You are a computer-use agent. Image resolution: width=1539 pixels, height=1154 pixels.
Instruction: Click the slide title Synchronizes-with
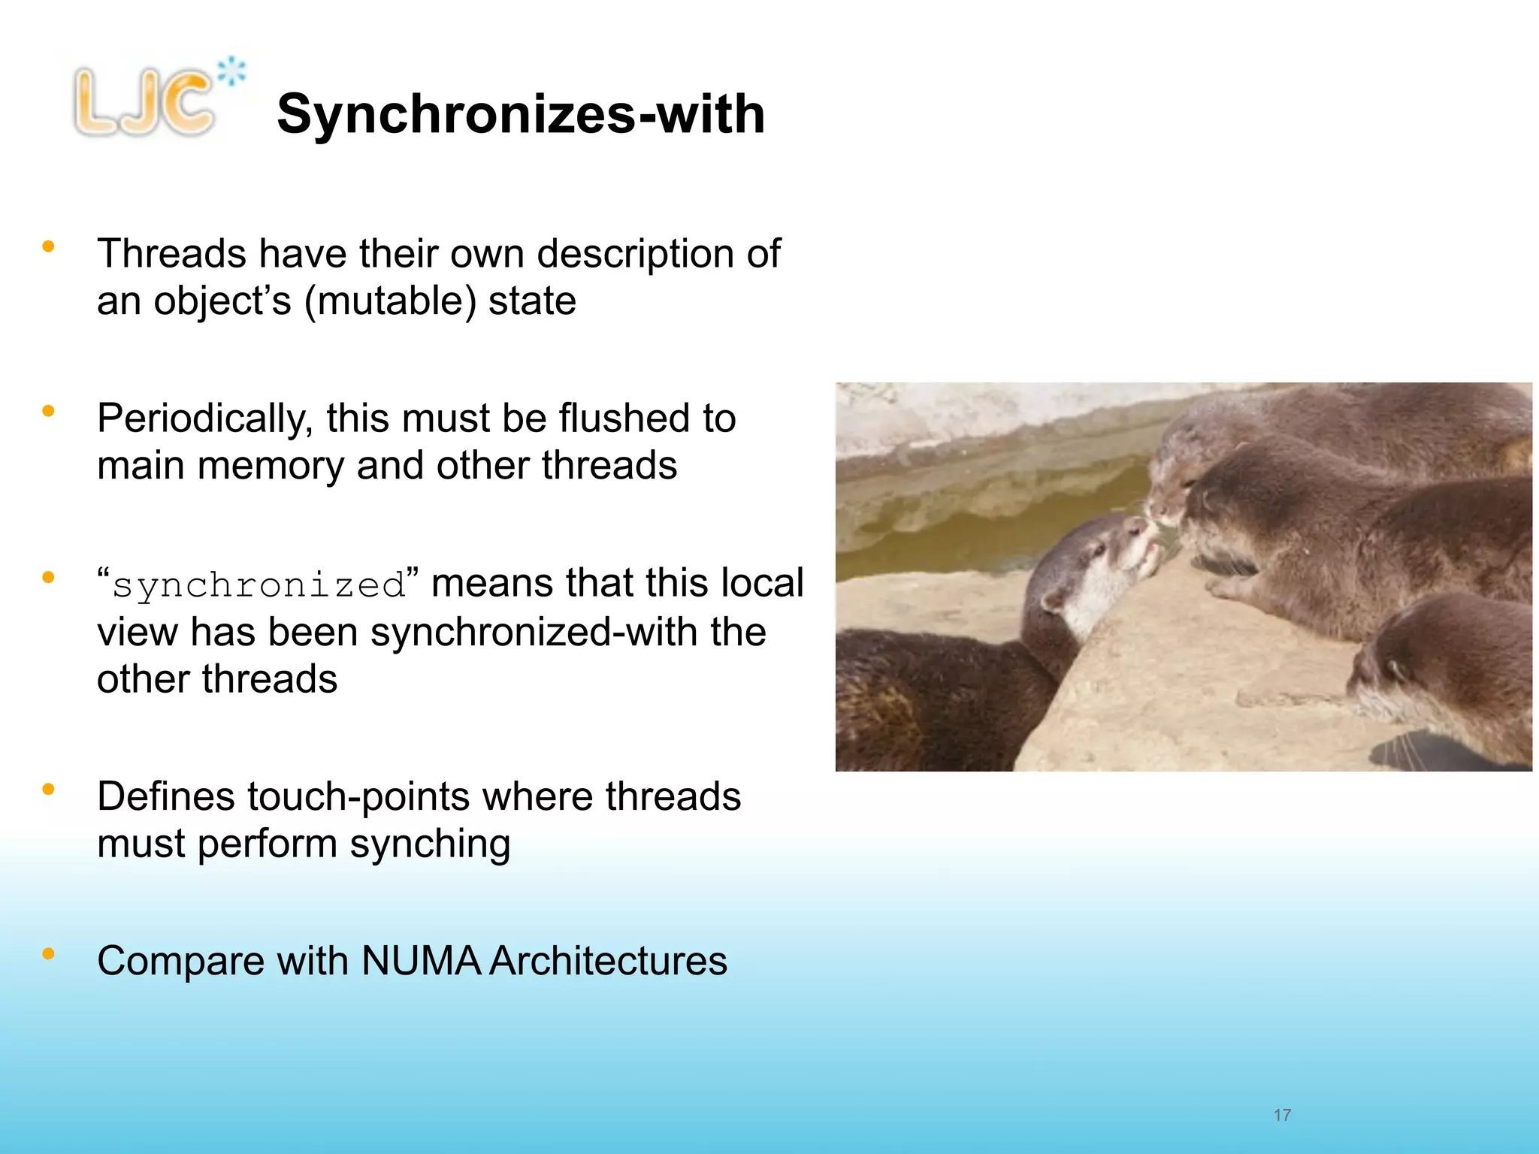(521, 114)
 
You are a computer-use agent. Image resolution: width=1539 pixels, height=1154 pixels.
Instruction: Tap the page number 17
(1282, 1115)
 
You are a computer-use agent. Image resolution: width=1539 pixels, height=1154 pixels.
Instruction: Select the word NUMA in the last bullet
(421, 961)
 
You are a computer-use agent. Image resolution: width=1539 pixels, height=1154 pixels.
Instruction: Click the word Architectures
(608, 961)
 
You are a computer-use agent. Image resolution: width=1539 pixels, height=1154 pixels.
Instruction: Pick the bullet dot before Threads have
(49, 246)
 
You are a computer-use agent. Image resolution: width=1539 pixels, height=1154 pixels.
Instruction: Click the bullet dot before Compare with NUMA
(49, 954)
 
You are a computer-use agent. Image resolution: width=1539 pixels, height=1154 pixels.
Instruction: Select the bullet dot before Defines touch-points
(49, 789)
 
